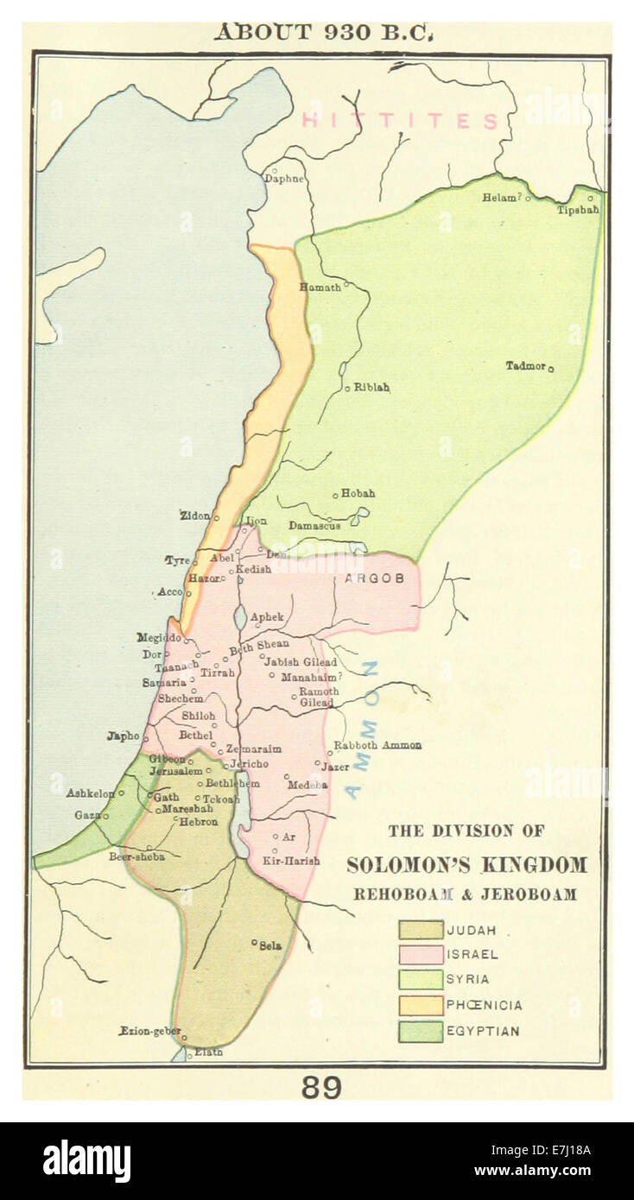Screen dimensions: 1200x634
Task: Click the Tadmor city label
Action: click(525, 366)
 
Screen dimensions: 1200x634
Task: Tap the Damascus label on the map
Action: click(314, 525)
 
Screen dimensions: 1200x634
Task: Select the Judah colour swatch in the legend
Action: click(421, 930)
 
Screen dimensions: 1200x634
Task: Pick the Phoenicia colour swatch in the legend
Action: click(421, 1005)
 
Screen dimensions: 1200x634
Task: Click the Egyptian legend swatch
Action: click(421, 1030)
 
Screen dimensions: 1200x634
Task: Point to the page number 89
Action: click(320, 1087)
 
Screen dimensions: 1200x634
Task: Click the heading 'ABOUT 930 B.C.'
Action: click(323, 32)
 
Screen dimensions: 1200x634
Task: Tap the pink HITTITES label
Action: click(401, 121)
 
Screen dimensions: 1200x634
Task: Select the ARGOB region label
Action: click(374, 578)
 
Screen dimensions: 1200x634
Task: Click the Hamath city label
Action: click(320, 287)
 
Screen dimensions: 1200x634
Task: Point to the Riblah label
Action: click(371, 388)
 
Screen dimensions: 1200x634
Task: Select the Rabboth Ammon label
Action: click(377, 745)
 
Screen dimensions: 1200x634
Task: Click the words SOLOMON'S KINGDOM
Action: click(466, 864)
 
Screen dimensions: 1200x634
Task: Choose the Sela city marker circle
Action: click(254, 942)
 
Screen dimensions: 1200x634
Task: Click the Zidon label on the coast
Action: click(194, 515)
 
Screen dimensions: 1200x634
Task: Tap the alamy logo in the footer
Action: click(87, 1161)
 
